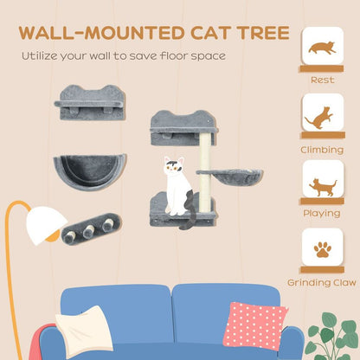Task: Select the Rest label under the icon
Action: click(322, 80)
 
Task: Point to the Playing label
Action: click(322, 214)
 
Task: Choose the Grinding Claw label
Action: click(322, 282)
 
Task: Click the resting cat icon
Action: click(322, 48)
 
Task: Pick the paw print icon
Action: click(322, 250)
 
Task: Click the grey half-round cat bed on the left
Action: click(89, 170)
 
